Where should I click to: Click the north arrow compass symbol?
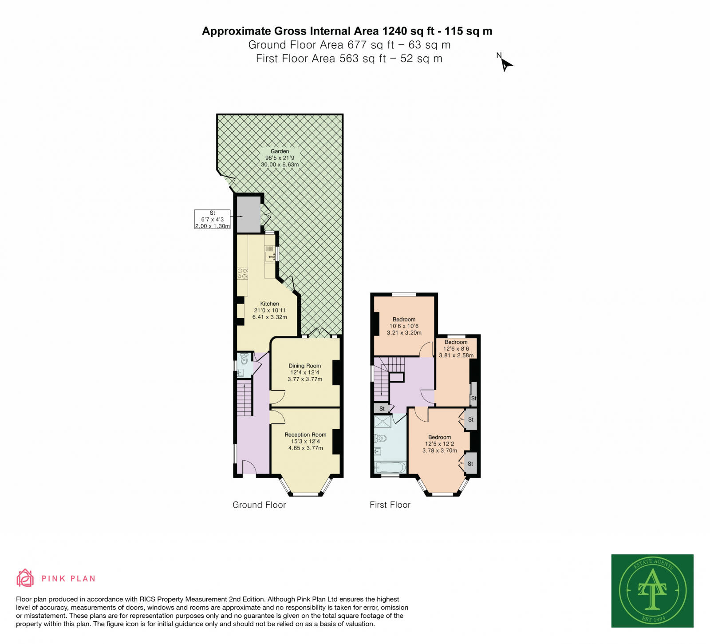505,65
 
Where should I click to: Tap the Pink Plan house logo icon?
25,578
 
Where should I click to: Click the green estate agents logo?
652,590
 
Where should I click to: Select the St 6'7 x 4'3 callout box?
213,219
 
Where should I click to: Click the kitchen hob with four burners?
242,273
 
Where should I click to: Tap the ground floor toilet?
244,359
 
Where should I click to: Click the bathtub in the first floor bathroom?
390,467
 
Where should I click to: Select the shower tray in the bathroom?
383,421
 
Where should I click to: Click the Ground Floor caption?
259,505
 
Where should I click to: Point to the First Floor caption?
390,505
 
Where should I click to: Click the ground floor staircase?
244,398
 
